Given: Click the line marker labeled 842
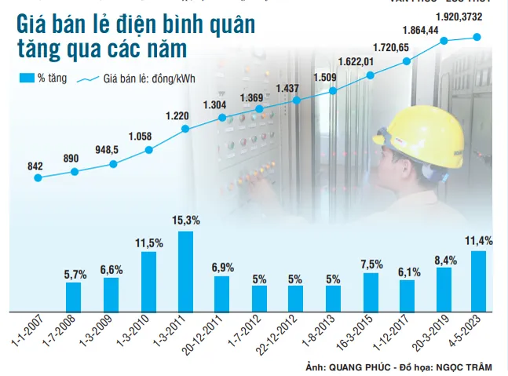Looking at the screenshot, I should click(37, 178).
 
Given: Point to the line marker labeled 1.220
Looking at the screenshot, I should click(185, 129).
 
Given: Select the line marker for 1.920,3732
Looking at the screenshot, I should click(478, 37).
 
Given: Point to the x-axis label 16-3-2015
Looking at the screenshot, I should click(359, 334).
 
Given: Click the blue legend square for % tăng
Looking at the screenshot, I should click(24, 78).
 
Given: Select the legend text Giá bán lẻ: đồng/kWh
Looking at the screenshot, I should click(148, 78).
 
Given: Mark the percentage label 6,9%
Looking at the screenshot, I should click(222, 267).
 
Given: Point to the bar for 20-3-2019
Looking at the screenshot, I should click(444, 287).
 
